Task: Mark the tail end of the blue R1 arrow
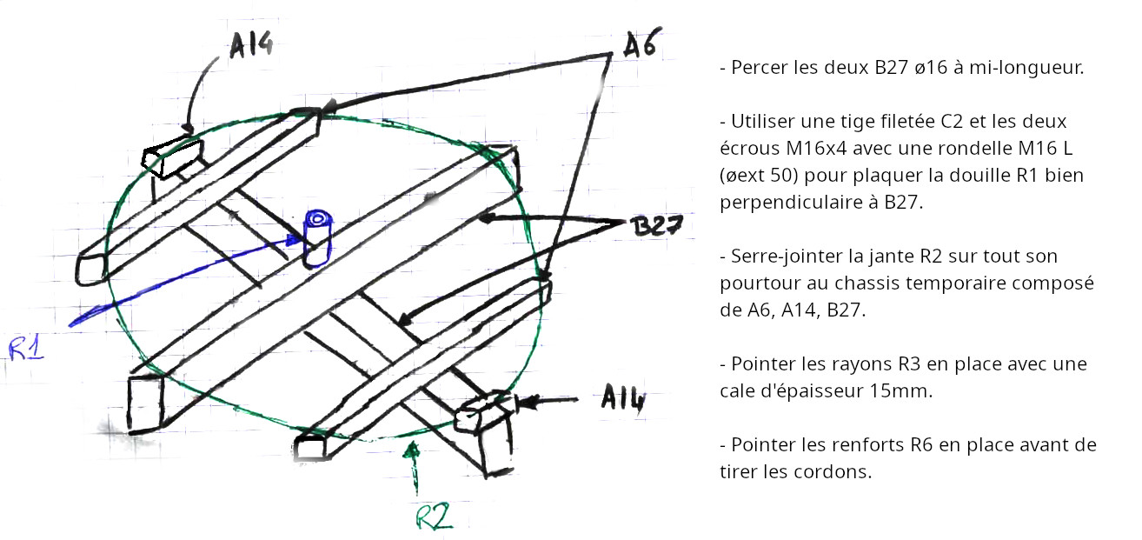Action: pyautogui.click(x=70, y=325)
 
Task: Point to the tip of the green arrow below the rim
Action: pyautogui.click(x=413, y=443)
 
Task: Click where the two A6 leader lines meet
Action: pyautogui.click(x=611, y=54)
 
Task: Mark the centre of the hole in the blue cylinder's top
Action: pyautogui.click(x=317, y=219)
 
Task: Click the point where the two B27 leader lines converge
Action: pyautogui.click(x=625, y=223)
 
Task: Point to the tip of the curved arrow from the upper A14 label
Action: pyautogui.click(x=189, y=134)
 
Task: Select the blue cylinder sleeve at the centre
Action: pyautogui.click(x=317, y=238)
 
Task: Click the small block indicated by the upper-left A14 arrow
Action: pyautogui.click(x=172, y=157)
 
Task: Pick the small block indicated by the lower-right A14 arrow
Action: pyautogui.click(x=481, y=411)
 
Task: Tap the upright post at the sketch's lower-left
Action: pyautogui.click(x=145, y=403)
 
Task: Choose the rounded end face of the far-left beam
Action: pyautogui.click(x=90, y=269)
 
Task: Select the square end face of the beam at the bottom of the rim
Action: pyautogui.click(x=310, y=448)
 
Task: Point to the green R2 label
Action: pyautogui.click(x=434, y=517)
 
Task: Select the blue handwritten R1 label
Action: pyautogui.click(x=26, y=349)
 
